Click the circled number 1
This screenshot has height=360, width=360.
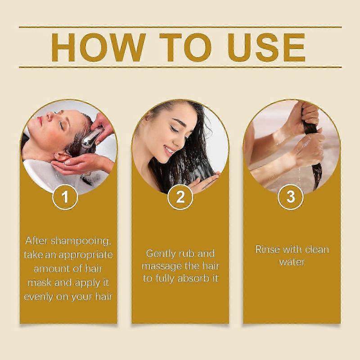[x=66, y=197]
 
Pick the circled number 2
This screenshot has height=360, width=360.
[x=180, y=197]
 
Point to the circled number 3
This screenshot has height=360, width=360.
[x=291, y=197]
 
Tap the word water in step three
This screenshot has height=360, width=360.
[x=292, y=262]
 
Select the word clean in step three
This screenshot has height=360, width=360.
[x=317, y=249]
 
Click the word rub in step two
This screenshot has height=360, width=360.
[x=191, y=254]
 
